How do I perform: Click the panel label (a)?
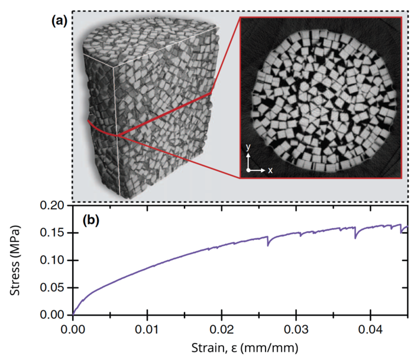click(x=59, y=20)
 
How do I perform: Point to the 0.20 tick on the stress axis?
click(x=56, y=206)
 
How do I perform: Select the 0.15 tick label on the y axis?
click(x=56, y=233)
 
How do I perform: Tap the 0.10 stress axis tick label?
click(x=56, y=260)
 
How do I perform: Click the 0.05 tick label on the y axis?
click(x=56, y=287)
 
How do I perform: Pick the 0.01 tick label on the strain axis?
click(x=147, y=326)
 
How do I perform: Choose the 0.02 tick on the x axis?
click(x=222, y=326)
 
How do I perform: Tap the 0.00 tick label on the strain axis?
click(x=73, y=326)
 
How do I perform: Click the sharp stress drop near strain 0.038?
click(x=355, y=236)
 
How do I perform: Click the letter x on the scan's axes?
click(x=270, y=170)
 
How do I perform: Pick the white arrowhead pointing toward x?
click(x=263, y=170)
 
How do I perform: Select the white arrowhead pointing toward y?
click(x=249, y=155)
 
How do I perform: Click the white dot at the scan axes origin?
click(x=249, y=170)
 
